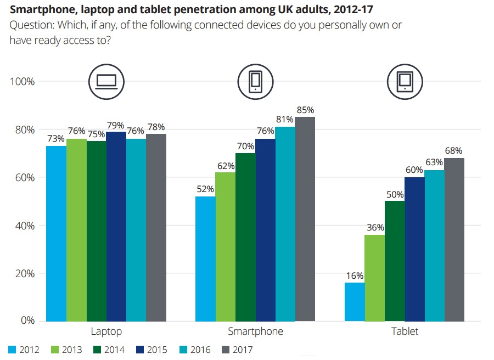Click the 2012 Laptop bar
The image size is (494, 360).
point(57,233)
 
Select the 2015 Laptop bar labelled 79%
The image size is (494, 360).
point(116,226)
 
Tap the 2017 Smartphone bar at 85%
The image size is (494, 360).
point(305,219)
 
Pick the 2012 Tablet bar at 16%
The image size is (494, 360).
point(355,302)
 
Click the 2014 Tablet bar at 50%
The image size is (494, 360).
point(395,261)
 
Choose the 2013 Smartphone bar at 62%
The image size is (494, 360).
point(225,246)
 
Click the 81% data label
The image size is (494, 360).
point(285,120)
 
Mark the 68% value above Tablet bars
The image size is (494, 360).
point(454,151)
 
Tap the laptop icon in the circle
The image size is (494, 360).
point(106,82)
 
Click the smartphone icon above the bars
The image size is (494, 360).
point(255,82)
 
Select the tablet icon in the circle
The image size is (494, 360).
point(405,82)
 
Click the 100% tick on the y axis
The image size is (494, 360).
point(23,82)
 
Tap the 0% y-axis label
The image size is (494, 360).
point(27,320)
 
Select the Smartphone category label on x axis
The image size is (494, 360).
point(255,331)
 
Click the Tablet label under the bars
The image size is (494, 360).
point(405,331)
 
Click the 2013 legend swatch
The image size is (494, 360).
point(54,349)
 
